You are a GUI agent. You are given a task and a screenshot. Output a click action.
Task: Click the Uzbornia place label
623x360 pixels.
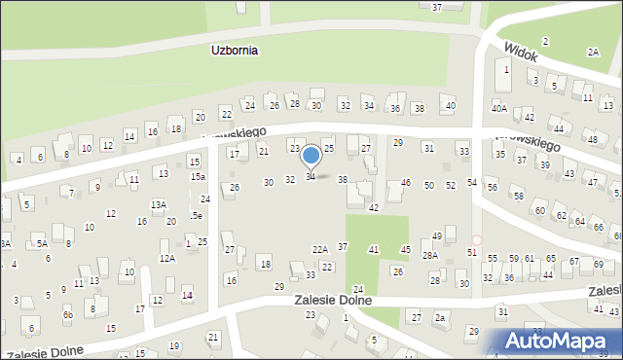tap(235, 51)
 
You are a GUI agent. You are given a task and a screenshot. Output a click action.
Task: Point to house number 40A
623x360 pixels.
tap(499, 107)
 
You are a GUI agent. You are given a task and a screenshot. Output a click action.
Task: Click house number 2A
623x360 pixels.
tap(593, 52)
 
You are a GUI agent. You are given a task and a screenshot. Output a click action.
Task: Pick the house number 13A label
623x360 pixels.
tap(158, 204)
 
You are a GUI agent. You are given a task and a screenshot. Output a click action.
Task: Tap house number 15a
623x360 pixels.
tap(198, 177)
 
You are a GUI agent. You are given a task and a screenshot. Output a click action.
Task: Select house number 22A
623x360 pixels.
tap(319, 250)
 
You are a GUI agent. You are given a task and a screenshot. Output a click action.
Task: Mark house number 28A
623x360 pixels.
tap(429, 255)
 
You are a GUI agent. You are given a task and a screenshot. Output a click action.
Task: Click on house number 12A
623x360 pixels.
tap(167, 258)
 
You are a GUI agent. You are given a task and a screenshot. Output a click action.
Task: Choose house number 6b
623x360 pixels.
tap(67, 314)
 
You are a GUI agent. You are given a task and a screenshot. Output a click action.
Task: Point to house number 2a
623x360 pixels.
tap(440, 318)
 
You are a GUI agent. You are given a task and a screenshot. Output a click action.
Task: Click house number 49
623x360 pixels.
tap(437, 236)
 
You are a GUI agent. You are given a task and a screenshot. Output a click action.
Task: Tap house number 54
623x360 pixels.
tap(472, 183)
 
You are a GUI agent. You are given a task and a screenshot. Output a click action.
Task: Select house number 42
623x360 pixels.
tap(373, 207)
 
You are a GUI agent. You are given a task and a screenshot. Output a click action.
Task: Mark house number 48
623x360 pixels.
tap(593, 140)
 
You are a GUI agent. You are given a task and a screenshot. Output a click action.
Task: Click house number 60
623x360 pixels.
tap(539, 210)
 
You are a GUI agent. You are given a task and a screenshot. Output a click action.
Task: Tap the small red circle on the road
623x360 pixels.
tap(477, 239)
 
